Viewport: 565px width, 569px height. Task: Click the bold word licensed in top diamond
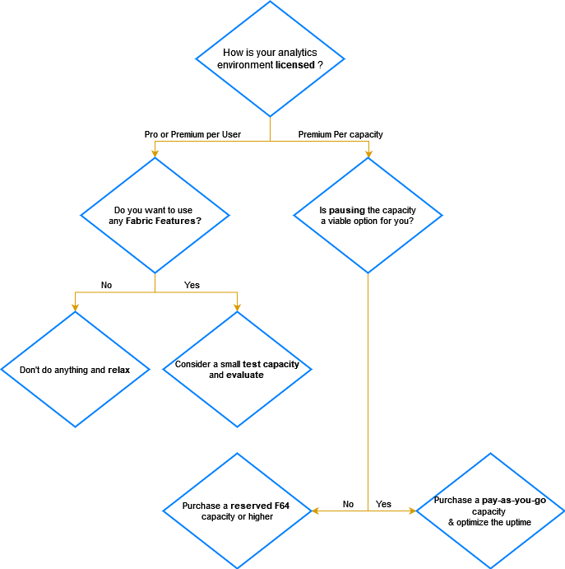[295, 65]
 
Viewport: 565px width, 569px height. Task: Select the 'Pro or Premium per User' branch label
[192, 134]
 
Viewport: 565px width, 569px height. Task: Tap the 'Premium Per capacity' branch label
[340, 134]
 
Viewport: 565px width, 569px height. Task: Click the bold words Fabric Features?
[164, 222]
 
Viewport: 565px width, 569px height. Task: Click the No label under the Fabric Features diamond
[106, 285]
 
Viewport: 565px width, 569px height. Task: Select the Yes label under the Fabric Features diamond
[192, 285]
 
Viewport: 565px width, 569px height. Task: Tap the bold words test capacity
[271, 364]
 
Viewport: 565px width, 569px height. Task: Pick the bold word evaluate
[245, 375]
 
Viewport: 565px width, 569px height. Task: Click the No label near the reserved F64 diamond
[348, 504]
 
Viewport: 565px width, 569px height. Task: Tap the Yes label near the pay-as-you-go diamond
[383, 504]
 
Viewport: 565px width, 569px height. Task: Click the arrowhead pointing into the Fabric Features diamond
[155, 153]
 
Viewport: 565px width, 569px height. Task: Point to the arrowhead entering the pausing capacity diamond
[368, 153]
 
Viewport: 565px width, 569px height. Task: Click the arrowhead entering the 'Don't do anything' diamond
[75, 307]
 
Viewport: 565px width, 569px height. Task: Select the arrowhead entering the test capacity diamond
[237, 307]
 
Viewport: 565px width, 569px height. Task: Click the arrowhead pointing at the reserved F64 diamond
[316, 511]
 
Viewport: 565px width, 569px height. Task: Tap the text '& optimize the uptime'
[489, 523]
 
